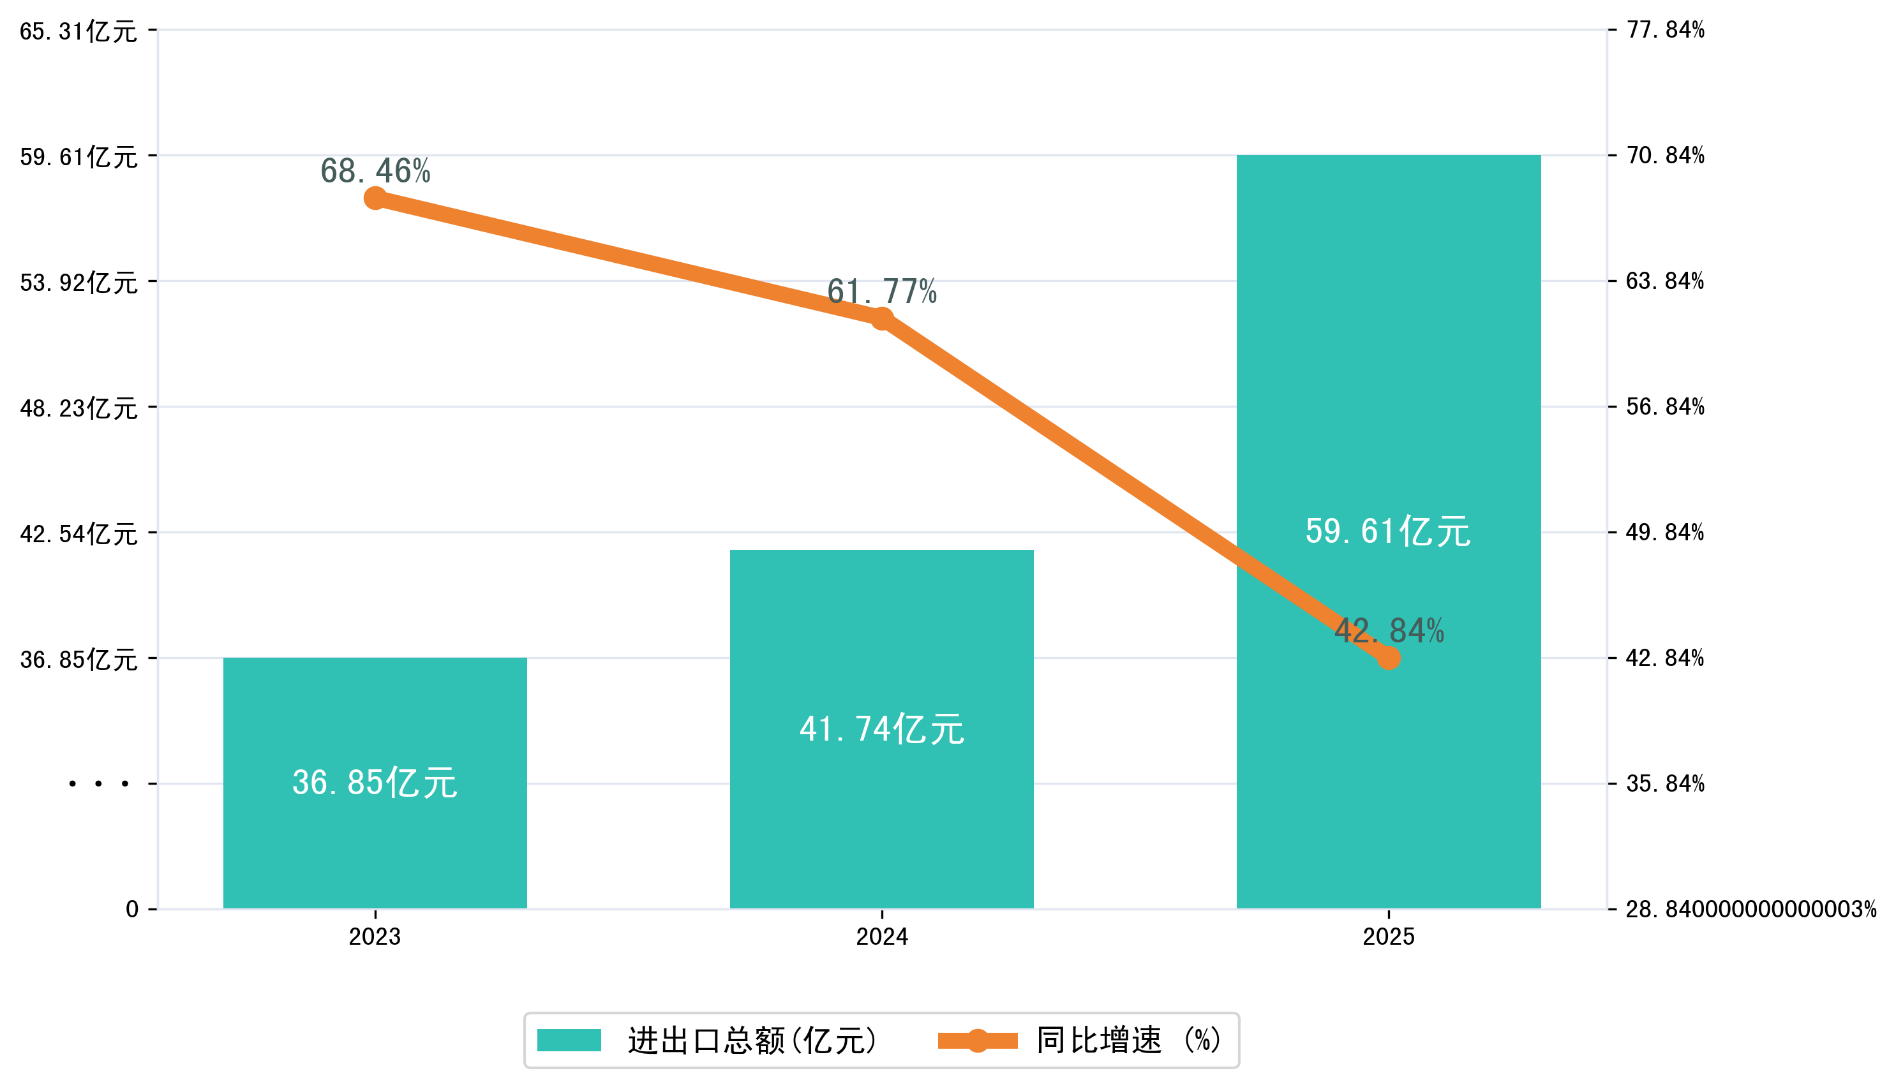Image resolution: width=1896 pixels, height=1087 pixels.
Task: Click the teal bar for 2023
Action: click(x=375, y=843)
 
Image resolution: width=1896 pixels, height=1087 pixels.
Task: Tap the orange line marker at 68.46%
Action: click(x=375, y=198)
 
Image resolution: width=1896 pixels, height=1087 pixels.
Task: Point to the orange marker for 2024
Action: click(x=882, y=319)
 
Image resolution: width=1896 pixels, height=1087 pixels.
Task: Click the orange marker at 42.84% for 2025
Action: click(x=1388, y=658)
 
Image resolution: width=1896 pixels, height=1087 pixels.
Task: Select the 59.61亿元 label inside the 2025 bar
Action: click(x=1387, y=531)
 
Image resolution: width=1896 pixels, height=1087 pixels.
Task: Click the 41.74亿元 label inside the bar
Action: click(x=881, y=729)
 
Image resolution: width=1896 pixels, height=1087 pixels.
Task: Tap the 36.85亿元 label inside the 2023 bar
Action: click(x=375, y=783)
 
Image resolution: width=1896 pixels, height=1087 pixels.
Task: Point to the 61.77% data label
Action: click(x=881, y=291)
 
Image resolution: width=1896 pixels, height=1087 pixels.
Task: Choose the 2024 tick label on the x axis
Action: click(x=882, y=937)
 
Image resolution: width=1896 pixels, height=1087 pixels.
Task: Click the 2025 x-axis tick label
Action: click(x=1388, y=937)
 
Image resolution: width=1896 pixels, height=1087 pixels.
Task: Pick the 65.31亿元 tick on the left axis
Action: click(x=78, y=31)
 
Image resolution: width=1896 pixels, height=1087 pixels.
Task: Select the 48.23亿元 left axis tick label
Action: click(x=78, y=408)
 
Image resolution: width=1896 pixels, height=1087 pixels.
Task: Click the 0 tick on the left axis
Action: click(x=132, y=909)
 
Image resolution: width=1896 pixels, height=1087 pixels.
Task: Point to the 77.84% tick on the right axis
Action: click(x=1665, y=30)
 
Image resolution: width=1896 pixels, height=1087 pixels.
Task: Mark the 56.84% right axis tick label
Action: click(x=1665, y=407)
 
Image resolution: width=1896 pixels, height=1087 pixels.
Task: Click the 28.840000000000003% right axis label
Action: click(x=1750, y=909)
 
